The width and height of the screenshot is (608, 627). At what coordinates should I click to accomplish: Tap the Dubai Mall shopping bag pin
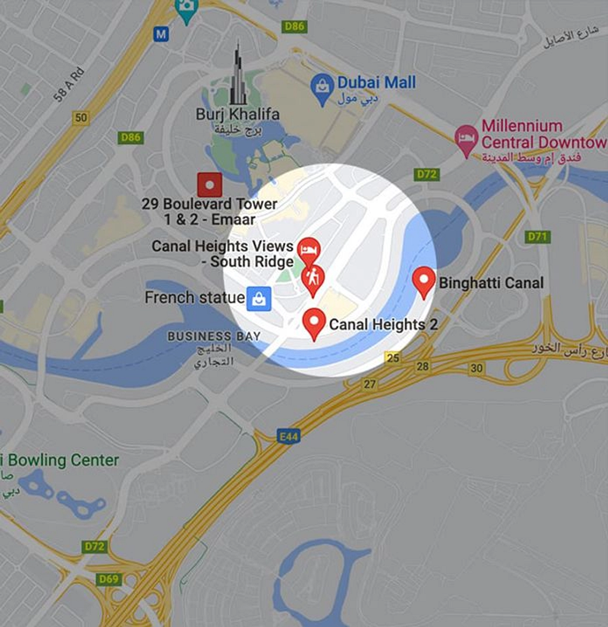point(322,87)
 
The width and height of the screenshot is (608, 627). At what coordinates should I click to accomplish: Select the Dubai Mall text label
point(377,83)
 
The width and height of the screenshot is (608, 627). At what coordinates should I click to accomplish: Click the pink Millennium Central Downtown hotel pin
point(466,138)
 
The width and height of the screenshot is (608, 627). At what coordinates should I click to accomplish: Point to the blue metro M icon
point(161,34)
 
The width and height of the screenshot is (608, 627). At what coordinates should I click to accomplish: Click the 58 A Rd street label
point(69,85)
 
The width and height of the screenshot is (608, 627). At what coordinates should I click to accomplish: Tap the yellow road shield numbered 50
point(81,118)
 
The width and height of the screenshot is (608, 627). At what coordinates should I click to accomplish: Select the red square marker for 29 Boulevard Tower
point(210,185)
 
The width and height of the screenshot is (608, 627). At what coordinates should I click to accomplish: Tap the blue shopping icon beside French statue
point(259,299)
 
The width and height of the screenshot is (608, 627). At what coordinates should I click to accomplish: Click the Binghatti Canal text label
point(491,283)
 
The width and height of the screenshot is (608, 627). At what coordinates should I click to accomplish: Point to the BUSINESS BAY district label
point(214,336)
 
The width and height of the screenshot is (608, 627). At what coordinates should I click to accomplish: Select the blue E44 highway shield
point(289,436)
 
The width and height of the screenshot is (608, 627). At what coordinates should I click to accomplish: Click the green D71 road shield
point(537,237)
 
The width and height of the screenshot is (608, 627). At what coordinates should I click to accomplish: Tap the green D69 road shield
point(108,579)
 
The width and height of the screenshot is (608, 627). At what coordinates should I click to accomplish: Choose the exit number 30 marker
point(477,368)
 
